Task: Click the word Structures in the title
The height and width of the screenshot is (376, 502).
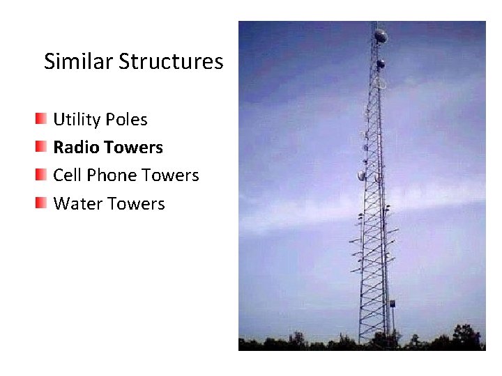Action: pyautogui.click(x=170, y=62)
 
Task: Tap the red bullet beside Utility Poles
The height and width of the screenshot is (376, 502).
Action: pyautogui.click(x=42, y=118)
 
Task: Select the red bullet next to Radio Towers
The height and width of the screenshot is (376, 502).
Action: pyautogui.click(x=42, y=146)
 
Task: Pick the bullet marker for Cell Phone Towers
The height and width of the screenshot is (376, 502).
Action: pyautogui.click(x=42, y=174)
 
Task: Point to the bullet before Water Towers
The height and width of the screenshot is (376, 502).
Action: pyautogui.click(x=42, y=203)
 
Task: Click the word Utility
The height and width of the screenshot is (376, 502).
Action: pyautogui.click(x=77, y=120)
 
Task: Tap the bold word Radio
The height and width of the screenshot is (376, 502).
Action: pyautogui.click(x=75, y=148)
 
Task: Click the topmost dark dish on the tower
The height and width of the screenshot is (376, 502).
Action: pyautogui.click(x=381, y=35)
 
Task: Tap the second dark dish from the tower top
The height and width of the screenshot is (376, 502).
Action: pyautogui.click(x=381, y=64)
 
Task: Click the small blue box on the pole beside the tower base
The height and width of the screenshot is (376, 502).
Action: pyautogui.click(x=392, y=304)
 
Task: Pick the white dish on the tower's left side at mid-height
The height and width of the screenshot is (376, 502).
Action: pyautogui.click(x=362, y=175)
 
